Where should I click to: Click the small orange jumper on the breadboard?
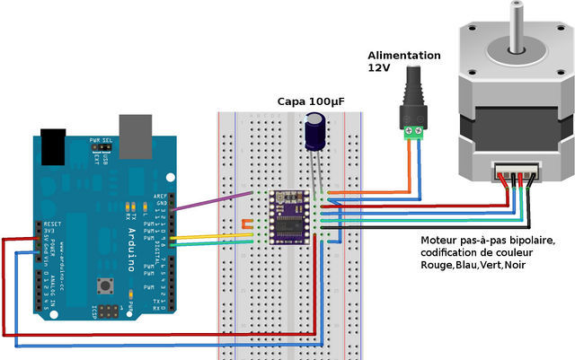245,223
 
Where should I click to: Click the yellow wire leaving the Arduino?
216,237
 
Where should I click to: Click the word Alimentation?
403,55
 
